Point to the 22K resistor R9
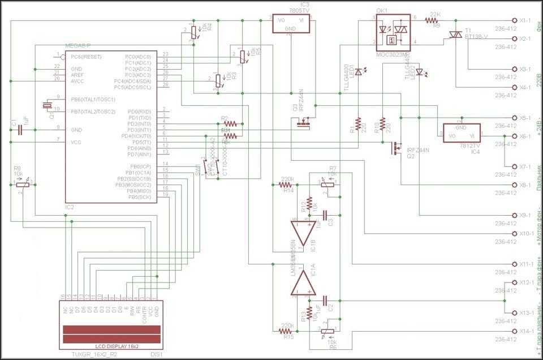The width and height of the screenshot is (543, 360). click(x=435, y=20)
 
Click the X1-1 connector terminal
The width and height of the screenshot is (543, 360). click(x=514, y=20)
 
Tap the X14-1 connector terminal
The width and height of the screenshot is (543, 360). click(x=514, y=331)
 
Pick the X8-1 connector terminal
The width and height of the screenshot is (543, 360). click(x=514, y=185)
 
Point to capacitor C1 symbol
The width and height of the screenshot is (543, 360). click(x=20, y=130)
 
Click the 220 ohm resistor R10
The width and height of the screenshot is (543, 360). click(x=383, y=124)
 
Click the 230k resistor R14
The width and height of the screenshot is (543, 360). click(x=286, y=185)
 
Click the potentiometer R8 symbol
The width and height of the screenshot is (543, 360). click(x=21, y=183)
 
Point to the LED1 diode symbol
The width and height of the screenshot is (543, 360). click(x=357, y=72)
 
